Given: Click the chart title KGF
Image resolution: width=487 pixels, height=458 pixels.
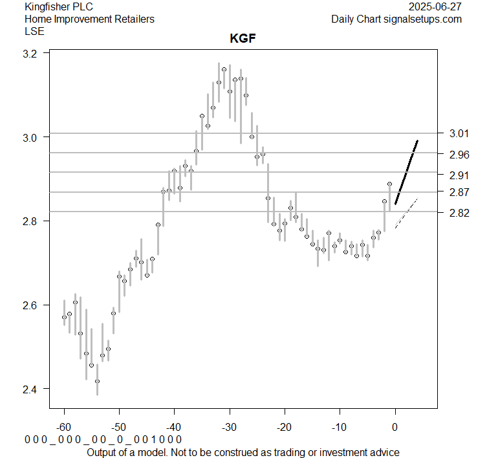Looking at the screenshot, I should coord(243,38).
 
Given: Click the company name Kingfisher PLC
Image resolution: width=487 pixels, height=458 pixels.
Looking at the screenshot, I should coord(58,7).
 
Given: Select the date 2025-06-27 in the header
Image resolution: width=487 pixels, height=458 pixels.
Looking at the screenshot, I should coord(435,7).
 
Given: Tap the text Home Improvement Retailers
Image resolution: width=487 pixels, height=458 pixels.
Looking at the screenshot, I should coord(89,19).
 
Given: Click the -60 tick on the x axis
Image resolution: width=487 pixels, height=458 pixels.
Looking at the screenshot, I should coord(64,428).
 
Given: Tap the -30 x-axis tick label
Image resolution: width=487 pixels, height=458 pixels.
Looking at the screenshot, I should coord(230,428).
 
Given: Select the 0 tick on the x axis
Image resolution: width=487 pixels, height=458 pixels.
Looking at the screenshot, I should coord(395,428).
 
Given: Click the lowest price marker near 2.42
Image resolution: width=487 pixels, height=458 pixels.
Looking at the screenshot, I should coord(97,381).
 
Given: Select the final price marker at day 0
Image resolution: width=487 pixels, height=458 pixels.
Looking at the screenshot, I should coord(389,184).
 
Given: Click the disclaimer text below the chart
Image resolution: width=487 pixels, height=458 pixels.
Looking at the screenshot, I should coord(243,452).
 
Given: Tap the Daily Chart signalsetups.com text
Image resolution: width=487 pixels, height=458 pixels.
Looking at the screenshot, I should coord(396,19).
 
